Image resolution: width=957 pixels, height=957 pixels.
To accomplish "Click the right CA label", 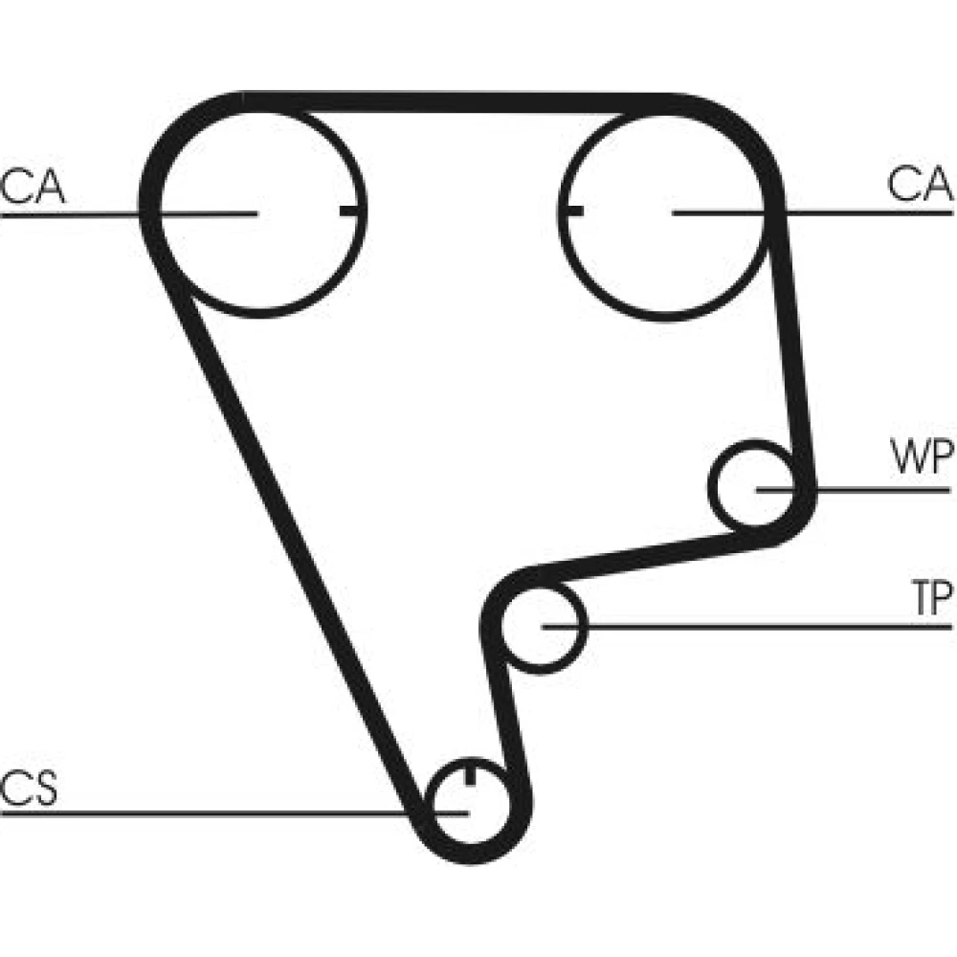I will [920, 184].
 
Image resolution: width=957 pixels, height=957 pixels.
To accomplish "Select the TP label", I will [929, 600].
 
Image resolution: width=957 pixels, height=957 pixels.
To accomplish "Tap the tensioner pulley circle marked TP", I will [541, 626].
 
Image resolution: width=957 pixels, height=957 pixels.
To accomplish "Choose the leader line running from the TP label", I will [766, 627].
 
